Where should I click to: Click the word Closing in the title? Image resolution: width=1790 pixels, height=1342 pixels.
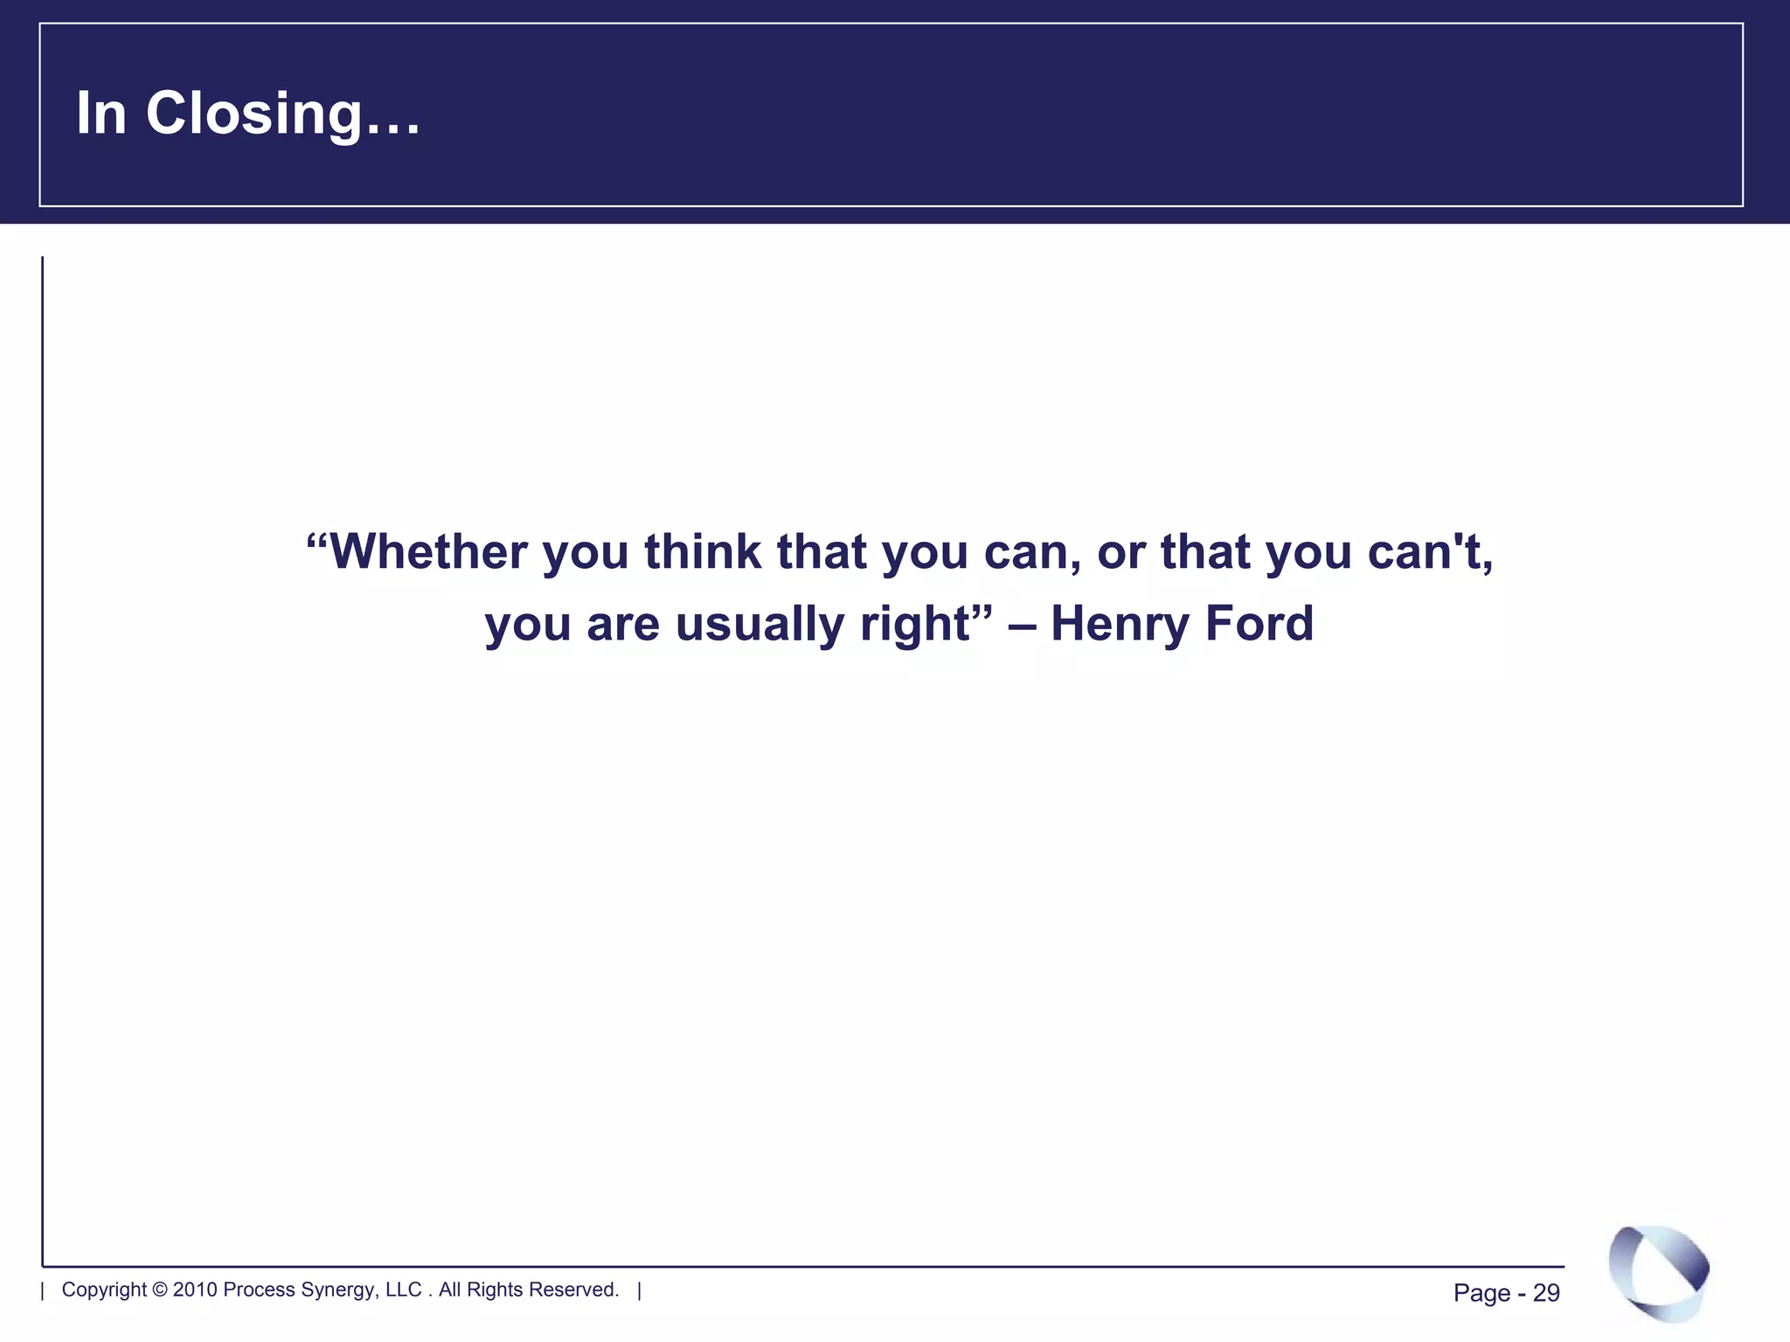click(x=253, y=114)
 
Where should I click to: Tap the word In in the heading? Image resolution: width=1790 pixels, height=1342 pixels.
click(x=101, y=114)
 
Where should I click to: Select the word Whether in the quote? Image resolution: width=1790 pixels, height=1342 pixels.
click(x=428, y=552)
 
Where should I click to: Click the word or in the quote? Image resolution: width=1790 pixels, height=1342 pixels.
click(x=1120, y=552)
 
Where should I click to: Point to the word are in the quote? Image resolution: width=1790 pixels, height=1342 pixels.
click(x=622, y=624)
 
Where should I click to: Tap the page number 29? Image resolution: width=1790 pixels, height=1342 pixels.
click(x=1546, y=1293)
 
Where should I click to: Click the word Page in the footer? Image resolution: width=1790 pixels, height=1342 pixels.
click(x=1481, y=1293)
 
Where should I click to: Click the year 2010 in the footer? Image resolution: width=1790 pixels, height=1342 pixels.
click(x=194, y=1290)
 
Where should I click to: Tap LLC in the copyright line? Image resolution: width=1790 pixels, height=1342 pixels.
click(x=403, y=1290)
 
